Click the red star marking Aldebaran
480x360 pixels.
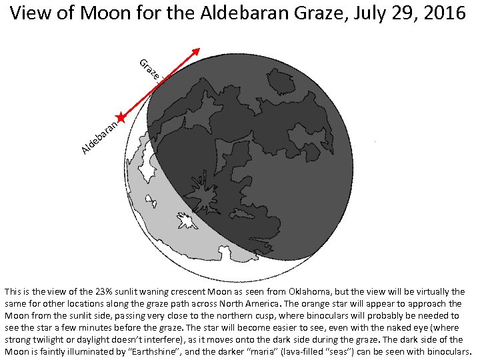pyautogui.click(x=120, y=117)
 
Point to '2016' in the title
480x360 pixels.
pyautogui.click(x=443, y=14)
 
